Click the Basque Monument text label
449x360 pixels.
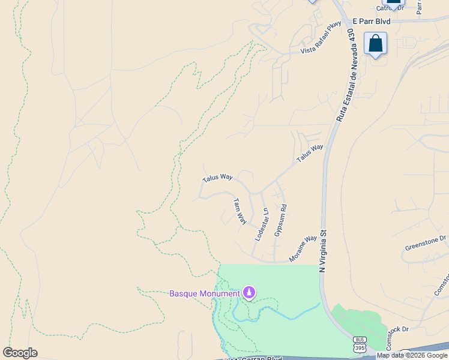coord(204,293)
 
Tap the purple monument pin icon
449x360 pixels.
coord(249,293)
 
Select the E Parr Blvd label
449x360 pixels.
coord(372,21)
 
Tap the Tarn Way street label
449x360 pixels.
coord(240,211)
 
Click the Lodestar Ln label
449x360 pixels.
coord(261,224)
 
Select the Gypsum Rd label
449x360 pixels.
coord(280,220)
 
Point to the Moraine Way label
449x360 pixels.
coord(303,247)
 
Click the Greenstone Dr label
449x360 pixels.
coord(426,242)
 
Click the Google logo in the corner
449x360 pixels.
coord(20,353)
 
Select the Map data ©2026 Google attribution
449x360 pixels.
coord(412,355)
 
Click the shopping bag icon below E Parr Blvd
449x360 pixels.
coord(376,43)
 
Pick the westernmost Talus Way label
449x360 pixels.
coord(217,178)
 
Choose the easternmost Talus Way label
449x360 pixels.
coord(309,154)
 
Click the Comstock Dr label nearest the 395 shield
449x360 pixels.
coord(397,329)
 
